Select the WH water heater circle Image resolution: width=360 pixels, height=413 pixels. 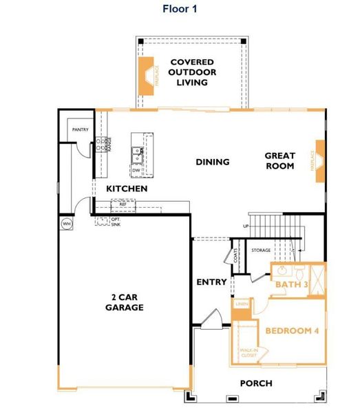67,224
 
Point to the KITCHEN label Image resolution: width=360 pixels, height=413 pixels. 126,188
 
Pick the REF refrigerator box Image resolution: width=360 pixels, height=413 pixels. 123,204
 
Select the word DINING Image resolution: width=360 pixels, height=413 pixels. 212,162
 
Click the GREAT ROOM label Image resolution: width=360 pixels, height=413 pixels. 279,161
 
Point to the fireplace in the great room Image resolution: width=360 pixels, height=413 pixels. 318,162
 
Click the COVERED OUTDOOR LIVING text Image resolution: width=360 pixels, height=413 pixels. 192,72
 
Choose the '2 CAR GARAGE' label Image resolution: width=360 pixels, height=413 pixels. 124,302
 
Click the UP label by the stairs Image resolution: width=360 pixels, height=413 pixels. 246,226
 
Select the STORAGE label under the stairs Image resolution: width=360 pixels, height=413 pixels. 261,250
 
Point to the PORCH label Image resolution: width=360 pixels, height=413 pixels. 255,383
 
